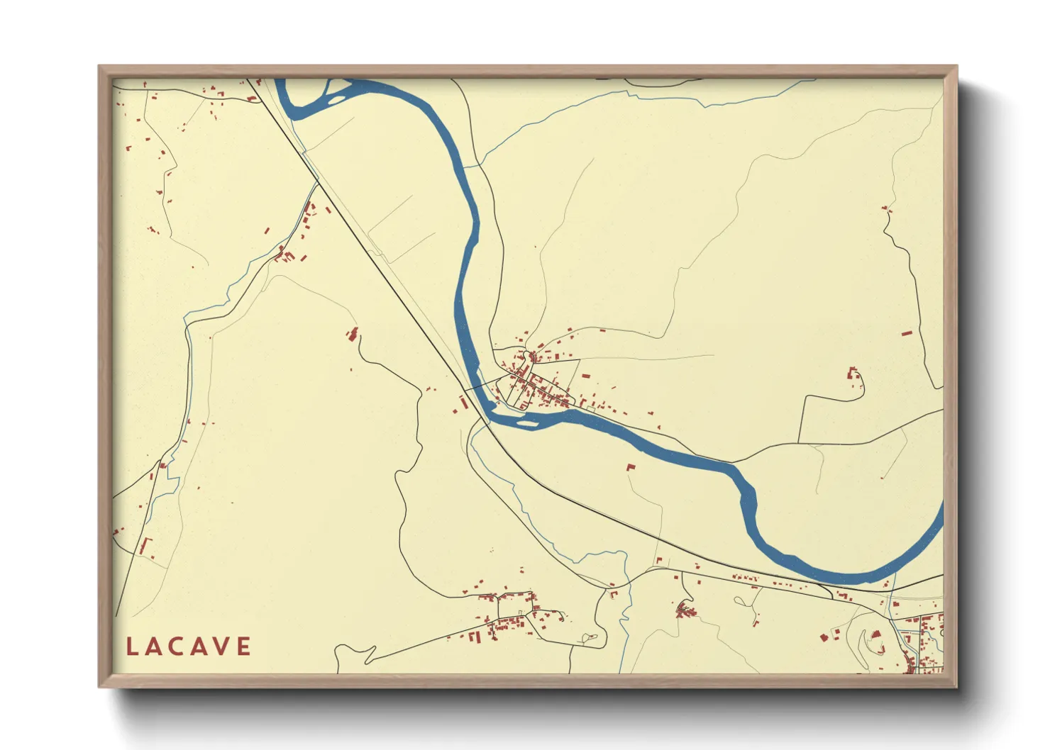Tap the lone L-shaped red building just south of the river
click(x=630, y=467)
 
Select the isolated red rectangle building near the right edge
click(x=906, y=332)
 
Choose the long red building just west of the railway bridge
click(x=464, y=403)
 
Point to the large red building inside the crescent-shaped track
click(x=875, y=634)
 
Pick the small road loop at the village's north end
click(x=529, y=354)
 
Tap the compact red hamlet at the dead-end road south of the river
click(x=685, y=608)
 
